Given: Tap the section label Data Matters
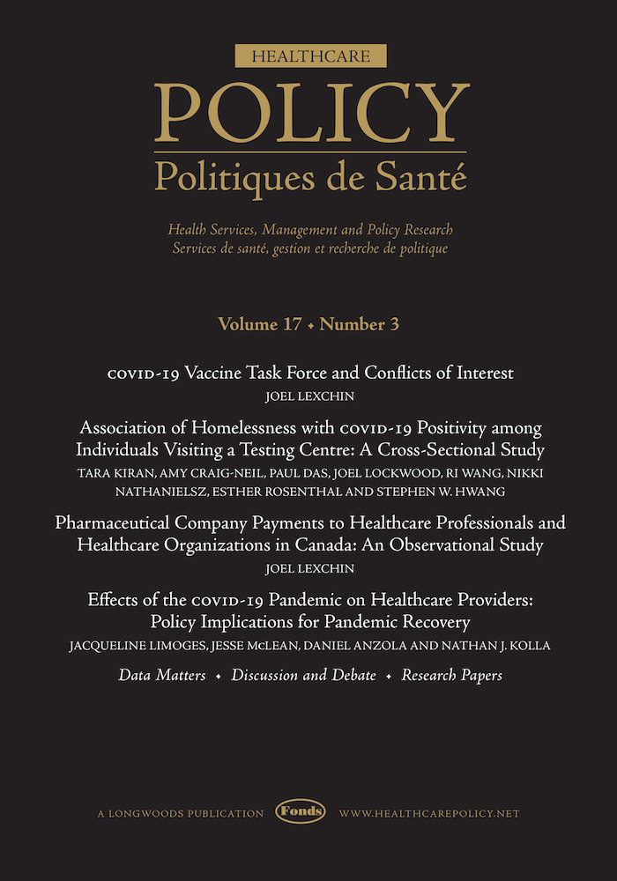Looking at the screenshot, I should [x=162, y=676].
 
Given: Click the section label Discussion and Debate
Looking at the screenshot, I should [x=303, y=676].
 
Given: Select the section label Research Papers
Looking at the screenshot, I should [x=451, y=676].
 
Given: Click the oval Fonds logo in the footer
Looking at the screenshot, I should [x=301, y=811].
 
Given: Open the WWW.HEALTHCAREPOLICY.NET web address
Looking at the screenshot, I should [x=429, y=812].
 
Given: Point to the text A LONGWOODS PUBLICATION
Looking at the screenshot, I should [x=181, y=812].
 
